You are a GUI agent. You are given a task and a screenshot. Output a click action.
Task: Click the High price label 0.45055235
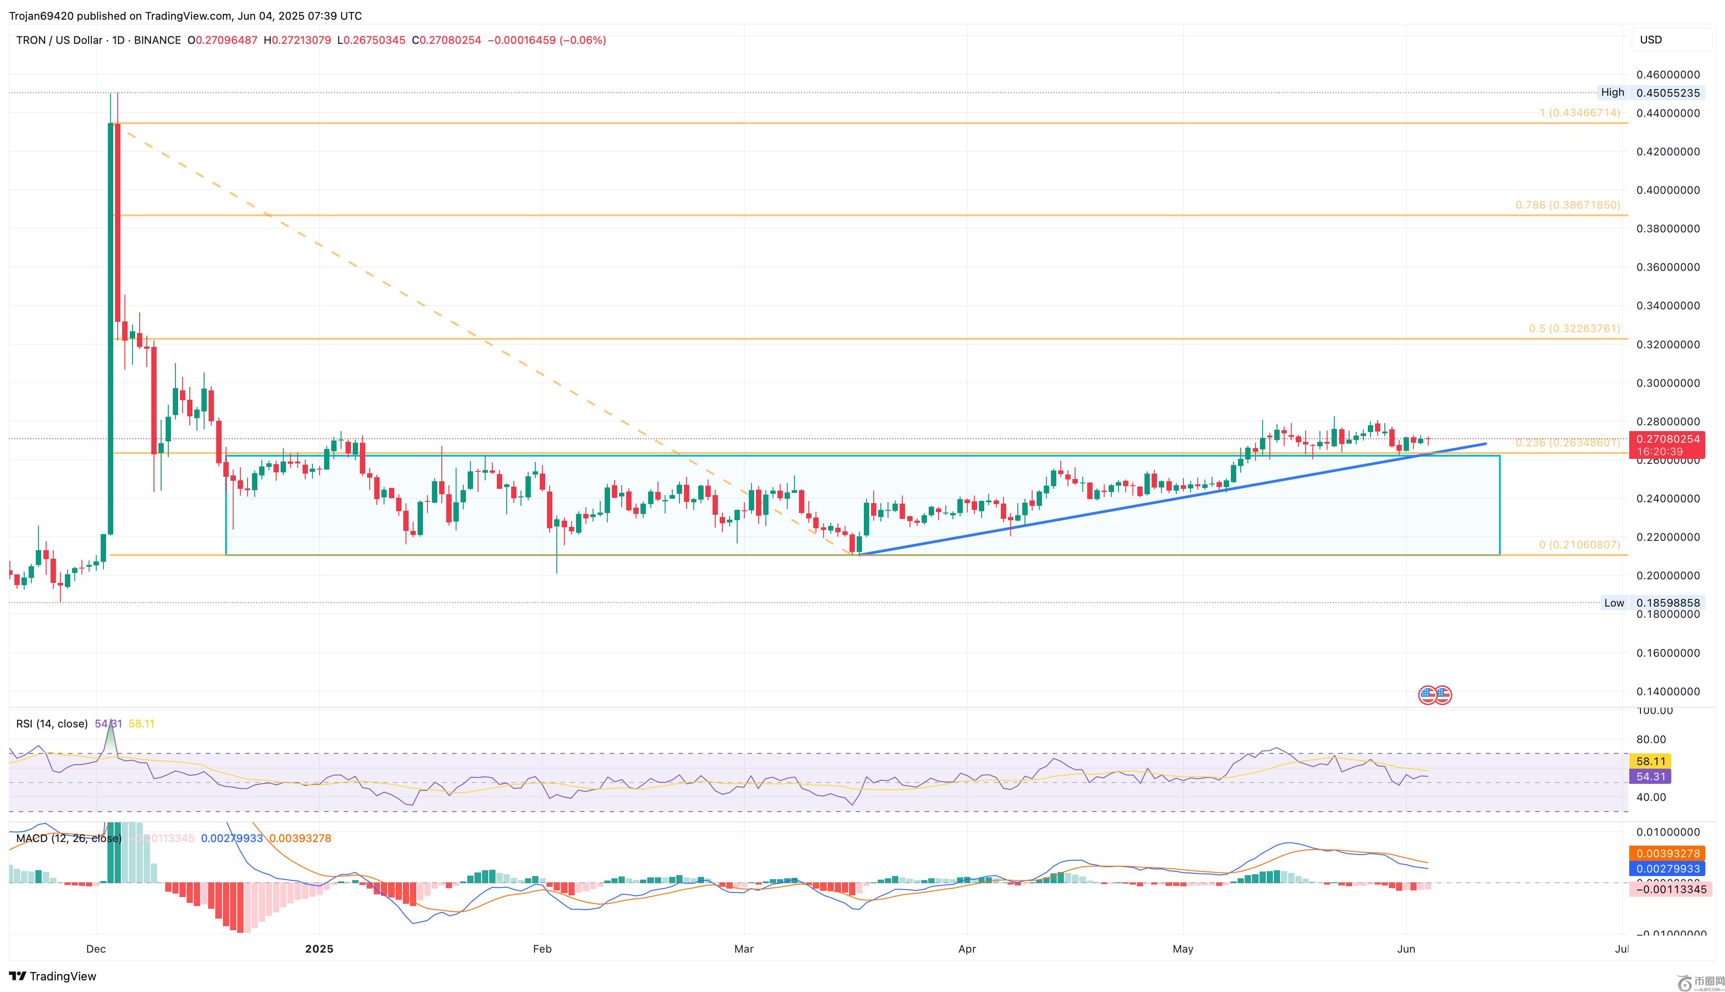[1668, 93]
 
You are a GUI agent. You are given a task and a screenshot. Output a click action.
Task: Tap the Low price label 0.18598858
[1668, 603]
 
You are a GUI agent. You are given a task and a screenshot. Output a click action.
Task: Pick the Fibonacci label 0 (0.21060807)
[1579, 545]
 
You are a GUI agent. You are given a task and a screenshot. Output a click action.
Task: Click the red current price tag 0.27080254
[1668, 440]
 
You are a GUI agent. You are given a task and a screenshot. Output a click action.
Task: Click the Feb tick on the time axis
[542, 949]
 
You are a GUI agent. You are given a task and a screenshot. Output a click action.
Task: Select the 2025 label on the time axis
[319, 949]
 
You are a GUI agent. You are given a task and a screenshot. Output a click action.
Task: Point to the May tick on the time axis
[1183, 949]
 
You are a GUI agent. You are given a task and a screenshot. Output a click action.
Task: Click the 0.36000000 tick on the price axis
[1668, 267]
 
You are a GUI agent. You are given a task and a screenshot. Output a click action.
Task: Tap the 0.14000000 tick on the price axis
[1668, 692]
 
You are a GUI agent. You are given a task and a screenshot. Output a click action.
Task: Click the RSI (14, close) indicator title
[52, 723]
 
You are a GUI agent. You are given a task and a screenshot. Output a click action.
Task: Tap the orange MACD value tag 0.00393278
[1668, 854]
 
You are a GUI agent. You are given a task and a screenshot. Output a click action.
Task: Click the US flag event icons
[1434, 695]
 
